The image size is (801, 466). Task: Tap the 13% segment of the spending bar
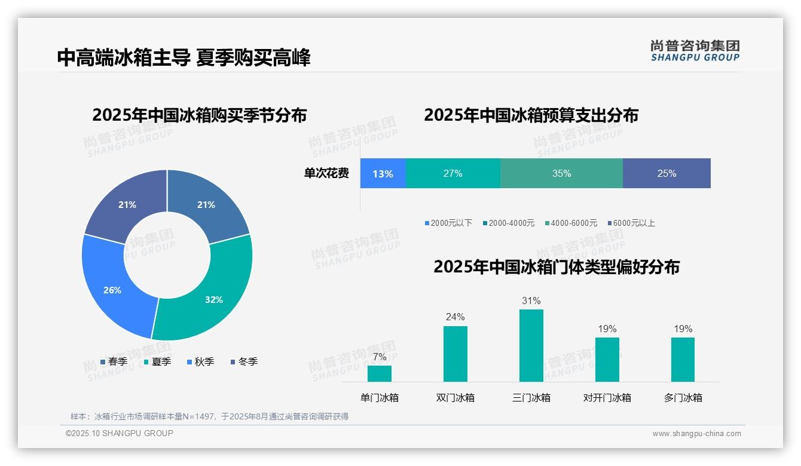click(x=383, y=174)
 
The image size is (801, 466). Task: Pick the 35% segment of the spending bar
click(x=561, y=174)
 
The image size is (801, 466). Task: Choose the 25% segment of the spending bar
click(x=667, y=174)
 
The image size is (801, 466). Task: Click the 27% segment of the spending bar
click(x=453, y=174)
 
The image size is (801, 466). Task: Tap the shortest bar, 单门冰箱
click(x=379, y=373)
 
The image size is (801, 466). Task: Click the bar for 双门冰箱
click(x=455, y=354)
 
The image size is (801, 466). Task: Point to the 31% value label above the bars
click(x=531, y=301)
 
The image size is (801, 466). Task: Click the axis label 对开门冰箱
click(x=607, y=398)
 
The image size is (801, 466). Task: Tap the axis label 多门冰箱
click(x=683, y=398)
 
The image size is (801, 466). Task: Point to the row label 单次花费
click(x=326, y=174)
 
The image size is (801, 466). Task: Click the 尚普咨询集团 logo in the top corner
click(x=695, y=50)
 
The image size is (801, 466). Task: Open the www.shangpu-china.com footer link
click(x=696, y=434)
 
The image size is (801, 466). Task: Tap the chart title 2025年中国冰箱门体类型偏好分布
click(x=557, y=267)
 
